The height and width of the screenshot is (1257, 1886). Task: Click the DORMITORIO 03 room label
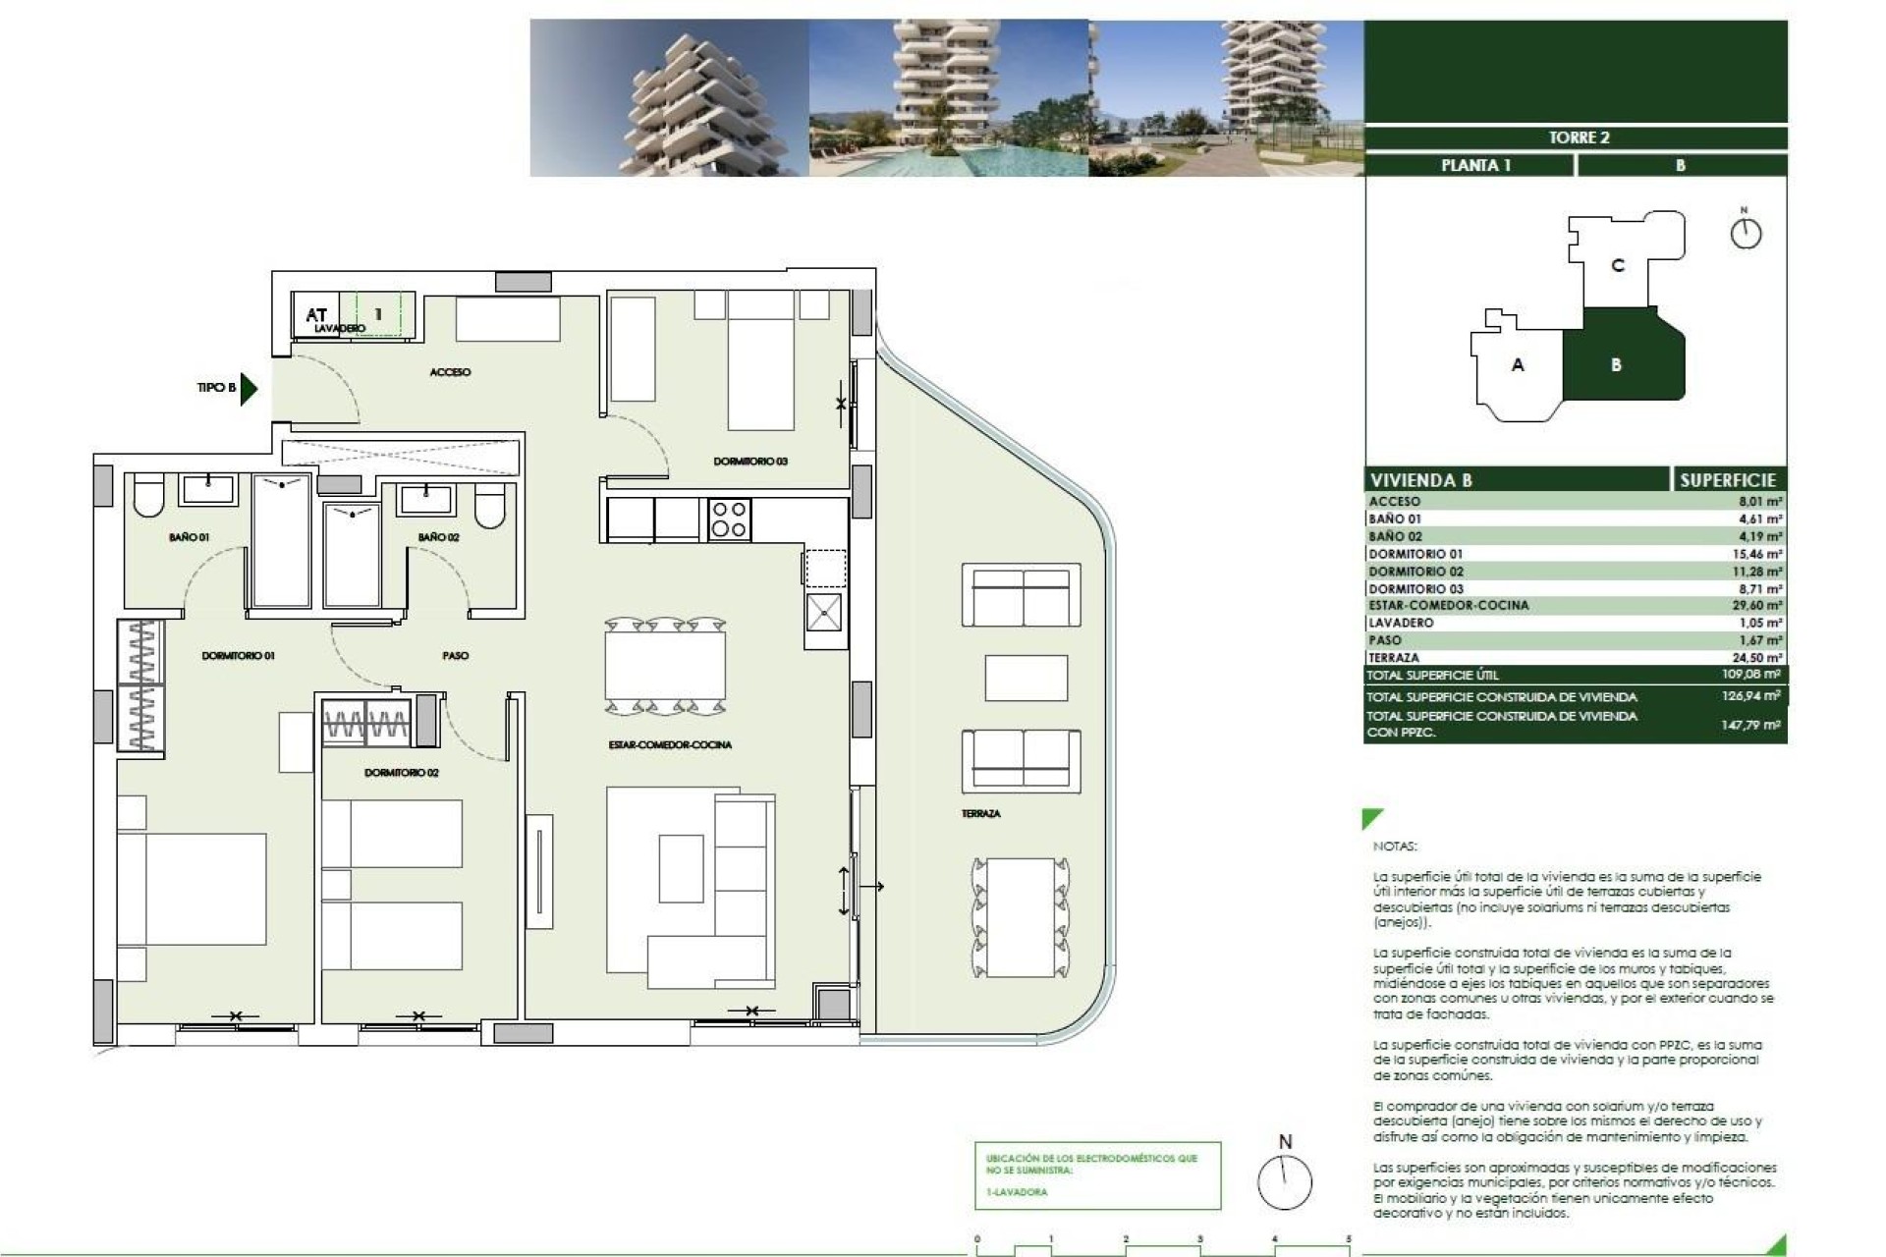tap(750, 461)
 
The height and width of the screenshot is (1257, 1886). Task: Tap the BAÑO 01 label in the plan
tap(189, 537)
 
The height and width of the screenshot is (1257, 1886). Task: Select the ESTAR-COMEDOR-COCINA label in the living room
tap(670, 744)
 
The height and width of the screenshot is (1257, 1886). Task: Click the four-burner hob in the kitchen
tap(729, 519)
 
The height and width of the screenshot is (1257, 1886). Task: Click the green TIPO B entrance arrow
tap(249, 388)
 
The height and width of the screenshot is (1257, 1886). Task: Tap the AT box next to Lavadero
tap(316, 315)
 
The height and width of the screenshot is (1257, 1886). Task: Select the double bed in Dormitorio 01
tap(192, 889)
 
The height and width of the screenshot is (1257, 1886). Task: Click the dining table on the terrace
tap(1020, 917)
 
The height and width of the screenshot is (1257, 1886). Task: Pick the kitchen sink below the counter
tap(823, 613)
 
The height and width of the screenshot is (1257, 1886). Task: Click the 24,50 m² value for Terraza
tap(1759, 658)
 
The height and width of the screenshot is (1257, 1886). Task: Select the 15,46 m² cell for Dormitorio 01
tap(1759, 554)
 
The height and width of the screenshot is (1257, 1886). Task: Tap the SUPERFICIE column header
tap(1728, 480)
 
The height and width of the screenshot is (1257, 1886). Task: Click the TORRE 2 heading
tap(1579, 137)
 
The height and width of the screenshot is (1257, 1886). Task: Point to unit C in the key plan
tap(1618, 265)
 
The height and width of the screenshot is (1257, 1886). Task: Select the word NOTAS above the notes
tap(1395, 846)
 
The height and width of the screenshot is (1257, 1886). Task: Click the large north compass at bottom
tap(1285, 1181)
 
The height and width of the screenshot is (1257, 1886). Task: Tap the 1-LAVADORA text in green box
tap(1017, 1192)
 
